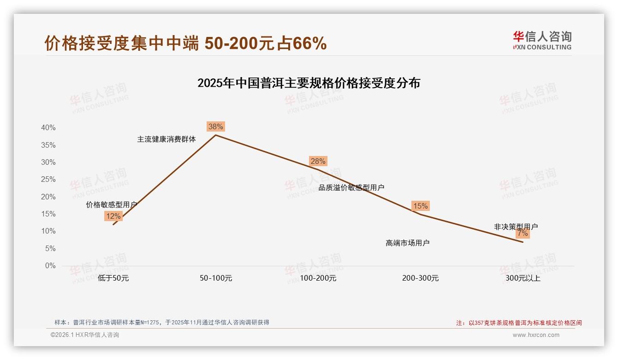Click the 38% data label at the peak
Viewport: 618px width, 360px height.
(x=215, y=126)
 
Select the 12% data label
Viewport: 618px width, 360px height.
(x=113, y=216)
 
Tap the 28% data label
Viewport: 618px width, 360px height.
(x=318, y=161)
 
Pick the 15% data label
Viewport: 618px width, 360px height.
(x=420, y=206)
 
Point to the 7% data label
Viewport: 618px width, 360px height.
(x=523, y=234)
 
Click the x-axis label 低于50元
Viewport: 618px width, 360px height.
(x=113, y=278)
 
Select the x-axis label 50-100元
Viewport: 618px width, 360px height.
(x=215, y=278)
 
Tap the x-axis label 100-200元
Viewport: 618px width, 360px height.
(x=318, y=278)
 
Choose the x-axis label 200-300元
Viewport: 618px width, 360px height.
(x=420, y=278)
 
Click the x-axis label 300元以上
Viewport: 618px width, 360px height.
(x=523, y=278)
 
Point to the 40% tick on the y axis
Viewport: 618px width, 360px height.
(x=48, y=128)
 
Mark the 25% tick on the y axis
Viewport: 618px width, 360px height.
(x=48, y=180)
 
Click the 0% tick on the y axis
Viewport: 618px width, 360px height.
(x=50, y=266)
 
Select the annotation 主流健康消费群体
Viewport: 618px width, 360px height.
(x=166, y=139)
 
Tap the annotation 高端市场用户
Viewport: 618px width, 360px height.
(x=408, y=243)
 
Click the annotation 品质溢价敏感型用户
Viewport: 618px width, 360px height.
(x=351, y=187)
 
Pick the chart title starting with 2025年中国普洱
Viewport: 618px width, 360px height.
(x=309, y=84)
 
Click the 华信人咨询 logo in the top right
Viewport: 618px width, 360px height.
(x=542, y=40)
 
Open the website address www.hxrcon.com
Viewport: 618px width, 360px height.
(x=536, y=335)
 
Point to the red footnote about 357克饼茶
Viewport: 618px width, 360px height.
(x=519, y=323)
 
